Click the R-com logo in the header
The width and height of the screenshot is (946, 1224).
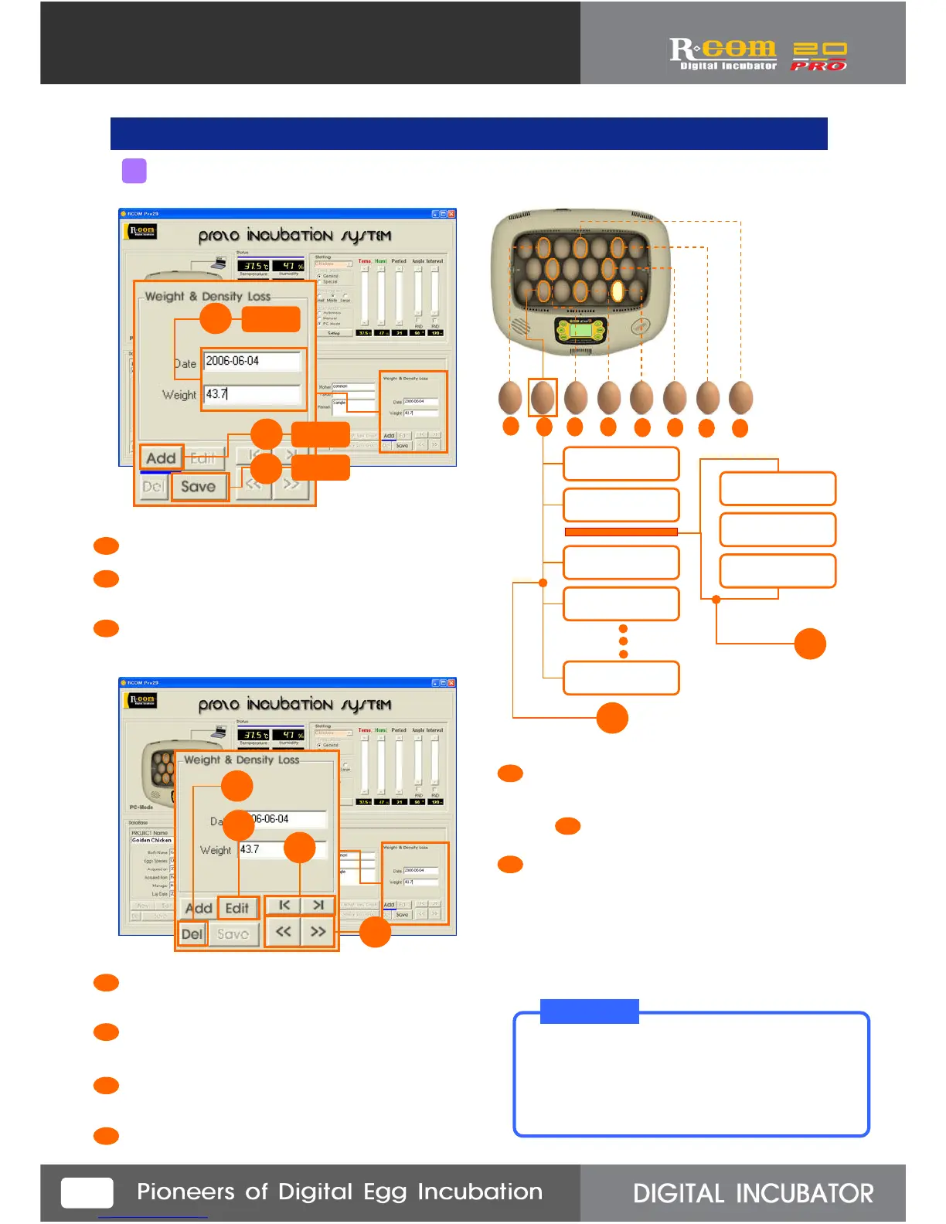pos(722,53)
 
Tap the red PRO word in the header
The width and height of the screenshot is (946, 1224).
pos(818,66)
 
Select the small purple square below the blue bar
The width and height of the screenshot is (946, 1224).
pos(134,171)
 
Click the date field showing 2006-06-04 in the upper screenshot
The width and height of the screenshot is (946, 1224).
pos(252,361)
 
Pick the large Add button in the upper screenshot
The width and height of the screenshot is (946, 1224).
pos(161,457)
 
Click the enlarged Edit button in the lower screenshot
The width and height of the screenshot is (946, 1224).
pos(237,908)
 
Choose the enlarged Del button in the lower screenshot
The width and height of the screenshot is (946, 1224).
pos(192,934)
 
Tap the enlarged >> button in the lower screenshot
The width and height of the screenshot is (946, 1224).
pos(318,932)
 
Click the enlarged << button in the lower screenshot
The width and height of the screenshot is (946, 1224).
pos(284,932)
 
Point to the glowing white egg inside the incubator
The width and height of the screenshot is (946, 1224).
pos(618,291)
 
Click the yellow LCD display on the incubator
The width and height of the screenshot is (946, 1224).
pos(581,331)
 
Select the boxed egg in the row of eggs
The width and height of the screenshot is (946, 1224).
pos(543,397)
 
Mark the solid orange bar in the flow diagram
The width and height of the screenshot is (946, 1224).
pos(621,532)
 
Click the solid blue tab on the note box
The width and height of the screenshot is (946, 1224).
pos(589,1011)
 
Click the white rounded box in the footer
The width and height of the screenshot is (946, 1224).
pos(87,1192)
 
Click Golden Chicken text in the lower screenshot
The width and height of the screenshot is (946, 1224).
pos(151,840)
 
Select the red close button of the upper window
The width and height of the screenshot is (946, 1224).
pos(451,214)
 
